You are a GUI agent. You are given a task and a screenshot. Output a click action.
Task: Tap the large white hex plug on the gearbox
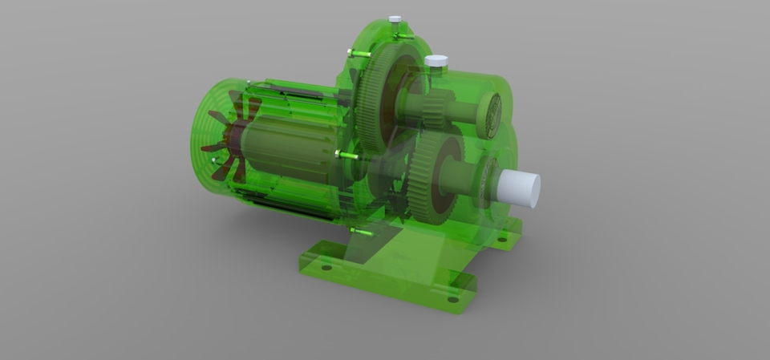436,62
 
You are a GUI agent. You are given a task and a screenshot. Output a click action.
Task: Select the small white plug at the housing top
395,19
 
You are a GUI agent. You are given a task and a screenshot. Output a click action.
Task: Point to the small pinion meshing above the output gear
434,109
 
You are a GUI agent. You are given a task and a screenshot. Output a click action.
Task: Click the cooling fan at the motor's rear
225,145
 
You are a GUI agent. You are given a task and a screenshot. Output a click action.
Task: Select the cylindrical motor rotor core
281,149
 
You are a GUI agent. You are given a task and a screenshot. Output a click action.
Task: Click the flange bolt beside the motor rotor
346,155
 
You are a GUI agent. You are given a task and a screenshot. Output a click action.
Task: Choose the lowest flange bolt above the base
361,232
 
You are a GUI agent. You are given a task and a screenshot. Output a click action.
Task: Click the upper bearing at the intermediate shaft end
488,114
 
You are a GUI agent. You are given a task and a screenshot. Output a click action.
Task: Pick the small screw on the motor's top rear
249,83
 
